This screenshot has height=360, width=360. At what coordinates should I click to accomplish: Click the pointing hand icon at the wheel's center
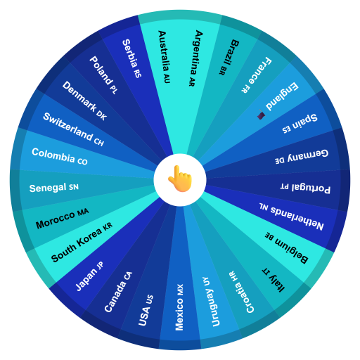[180, 179]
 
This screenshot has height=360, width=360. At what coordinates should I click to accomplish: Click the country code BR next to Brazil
[223, 70]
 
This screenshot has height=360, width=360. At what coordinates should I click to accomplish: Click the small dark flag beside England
[261, 115]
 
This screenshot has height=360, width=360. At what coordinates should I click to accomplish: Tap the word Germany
[307, 155]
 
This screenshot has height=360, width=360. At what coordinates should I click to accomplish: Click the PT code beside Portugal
[285, 186]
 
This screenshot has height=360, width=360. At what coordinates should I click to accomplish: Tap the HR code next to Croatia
[231, 276]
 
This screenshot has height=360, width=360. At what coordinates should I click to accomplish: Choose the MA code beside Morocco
[83, 212]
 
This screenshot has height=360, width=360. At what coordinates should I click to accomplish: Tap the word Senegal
[48, 188]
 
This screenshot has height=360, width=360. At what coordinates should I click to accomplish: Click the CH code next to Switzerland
[98, 142]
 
